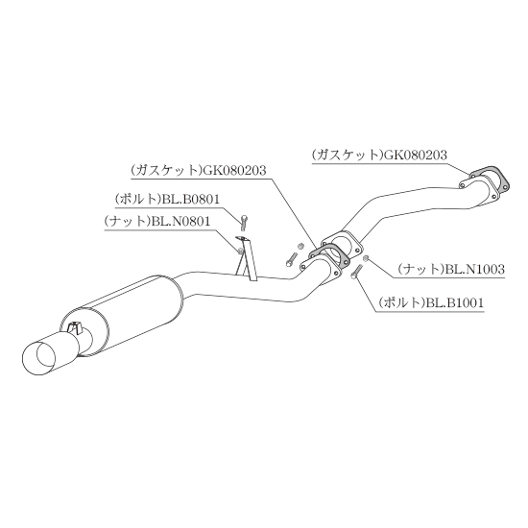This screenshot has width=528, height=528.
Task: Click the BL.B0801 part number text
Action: (x=191, y=200)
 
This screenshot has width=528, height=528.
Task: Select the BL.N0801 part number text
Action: (x=180, y=221)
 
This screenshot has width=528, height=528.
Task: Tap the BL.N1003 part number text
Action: (x=475, y=269)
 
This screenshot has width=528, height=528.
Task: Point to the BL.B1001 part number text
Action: (x=455, y=302)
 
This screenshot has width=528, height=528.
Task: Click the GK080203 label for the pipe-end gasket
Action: (x=416, y=155)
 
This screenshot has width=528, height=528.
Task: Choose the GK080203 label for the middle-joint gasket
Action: (x=234, y=170)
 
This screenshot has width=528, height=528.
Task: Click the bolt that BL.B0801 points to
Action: (x=244, y=223)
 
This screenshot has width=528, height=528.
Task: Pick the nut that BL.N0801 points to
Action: (x=240, y=251)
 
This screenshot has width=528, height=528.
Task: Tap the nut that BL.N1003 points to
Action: (x=366, y=258)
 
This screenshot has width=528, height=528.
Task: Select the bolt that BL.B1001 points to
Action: (x=355, y=271)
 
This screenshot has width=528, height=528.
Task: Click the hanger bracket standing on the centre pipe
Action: (x=247, y=258)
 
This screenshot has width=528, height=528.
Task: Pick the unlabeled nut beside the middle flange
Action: (x=301, y=247)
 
